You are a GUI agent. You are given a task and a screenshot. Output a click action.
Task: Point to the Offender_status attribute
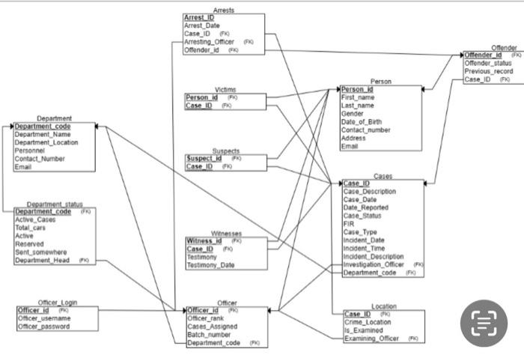(x=487, y=63)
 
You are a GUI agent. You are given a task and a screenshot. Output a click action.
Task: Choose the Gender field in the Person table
(x=353, y=113)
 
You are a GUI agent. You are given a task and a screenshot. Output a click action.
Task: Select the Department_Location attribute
(x=46, y=142)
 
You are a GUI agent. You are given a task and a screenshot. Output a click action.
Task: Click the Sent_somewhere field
(x=41, y=252)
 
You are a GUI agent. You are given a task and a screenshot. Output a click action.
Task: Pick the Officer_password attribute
(x=44, y=327)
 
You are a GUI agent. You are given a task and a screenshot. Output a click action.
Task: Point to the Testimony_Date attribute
(x=210, y=265)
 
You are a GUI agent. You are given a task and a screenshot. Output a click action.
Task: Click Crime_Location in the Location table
(x=370, y=322)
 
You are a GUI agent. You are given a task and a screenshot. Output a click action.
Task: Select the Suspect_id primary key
(x=204, y=159)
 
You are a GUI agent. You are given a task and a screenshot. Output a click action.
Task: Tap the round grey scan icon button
(x=483, y=323)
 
